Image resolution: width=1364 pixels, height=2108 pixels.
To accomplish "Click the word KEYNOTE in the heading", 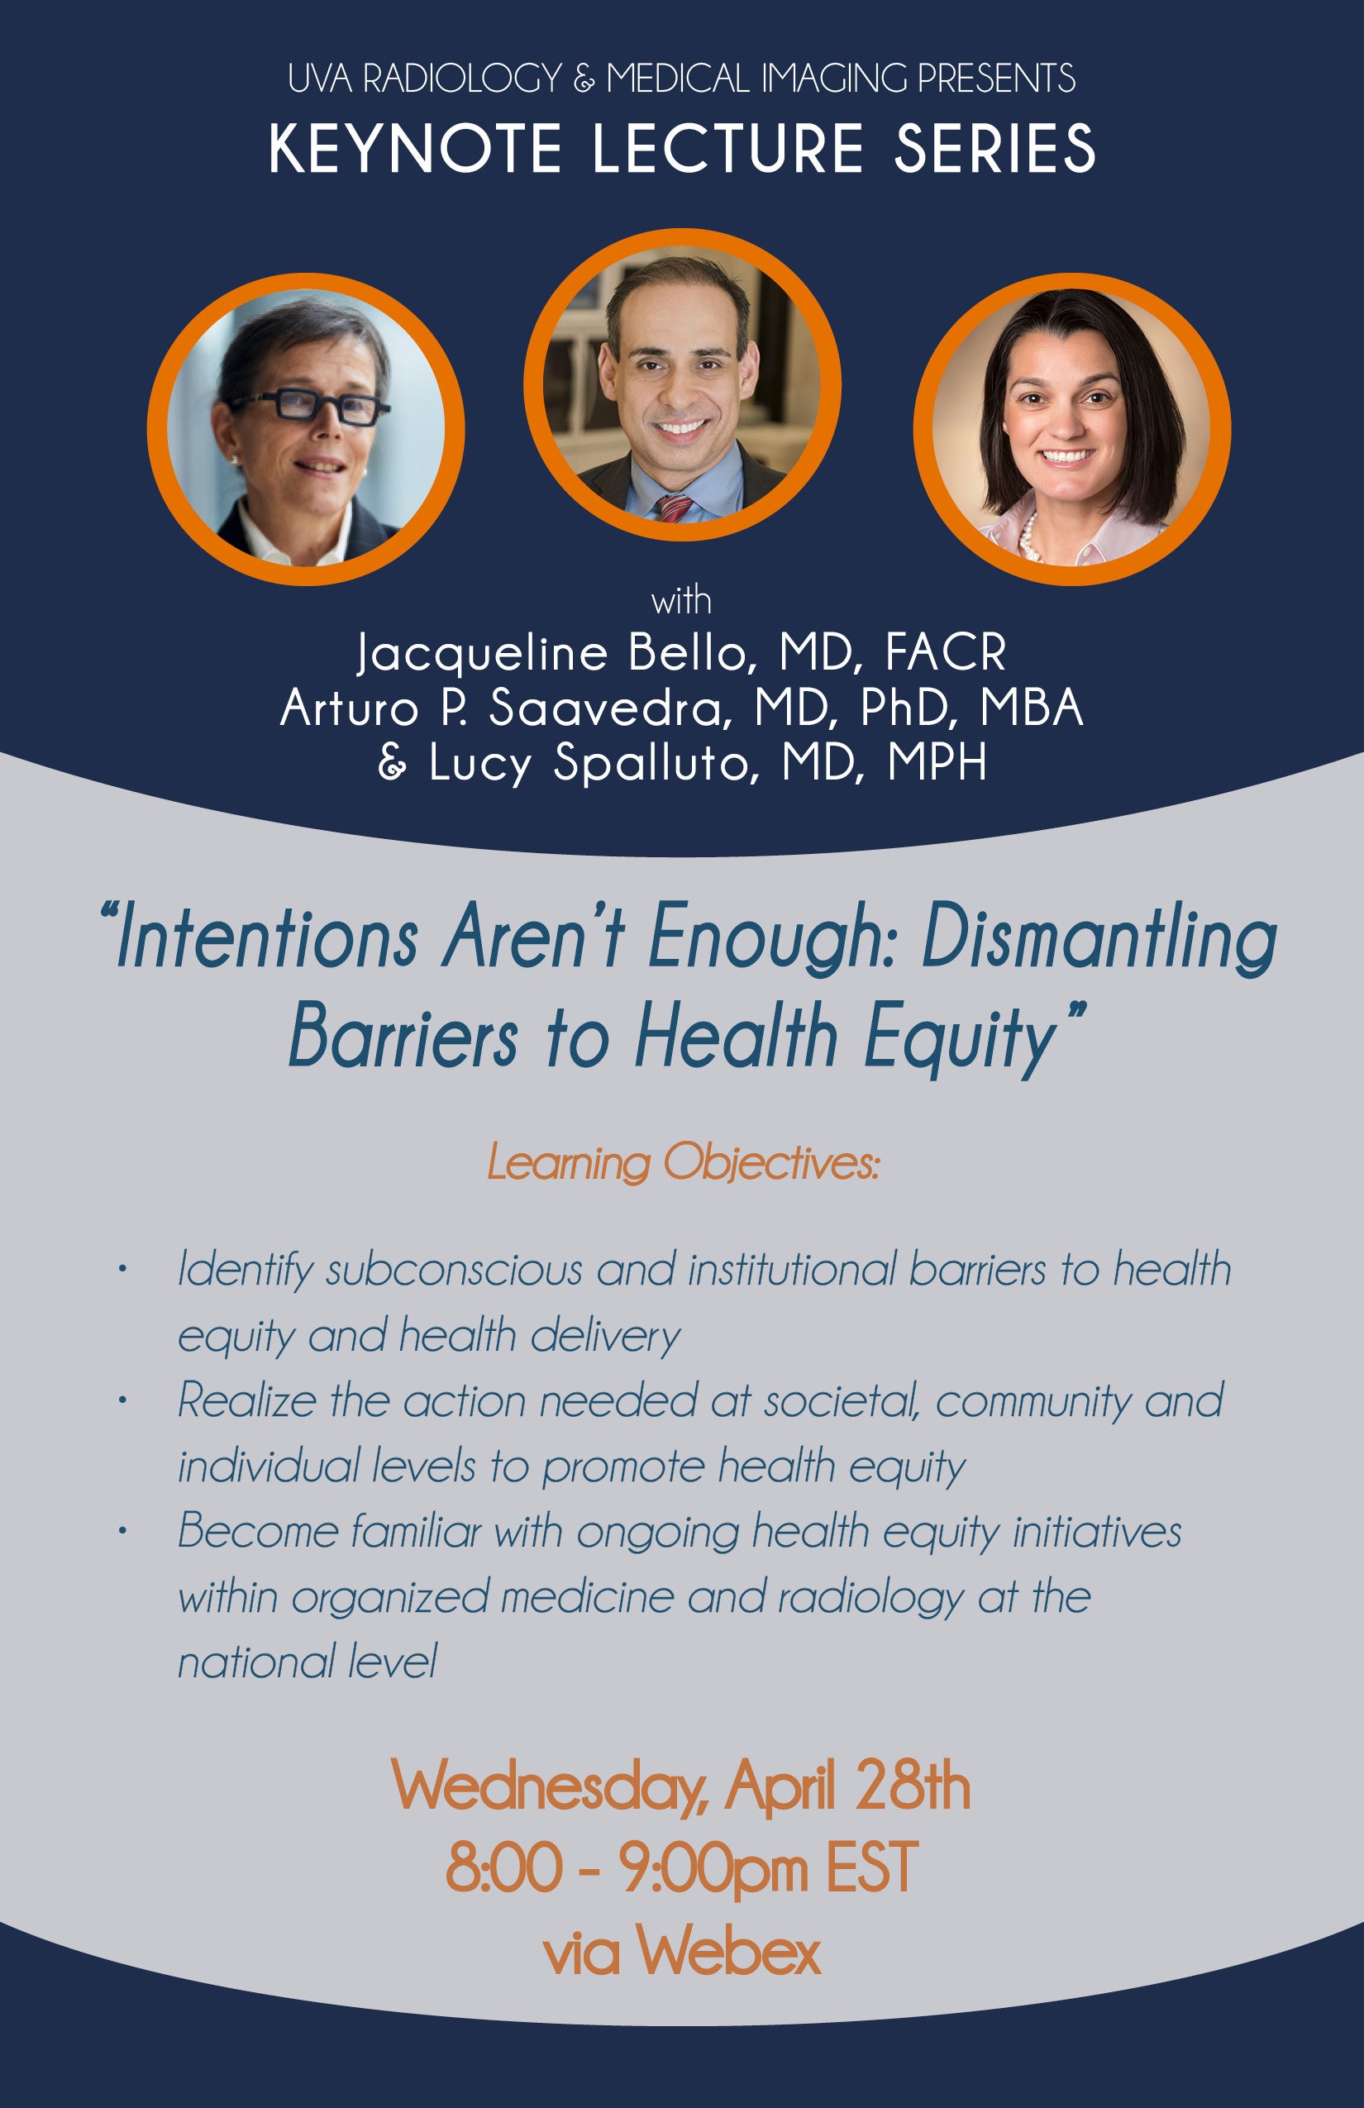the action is pos(415,149).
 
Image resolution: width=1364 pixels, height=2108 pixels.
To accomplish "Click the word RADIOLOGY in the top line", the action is pos(462,79).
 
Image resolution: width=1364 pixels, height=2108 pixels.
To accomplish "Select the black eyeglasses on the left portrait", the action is pos(307,408).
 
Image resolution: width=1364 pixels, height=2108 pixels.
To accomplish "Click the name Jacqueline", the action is pos(482,656).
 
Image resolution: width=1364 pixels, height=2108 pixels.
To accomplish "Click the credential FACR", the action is pos(945,654).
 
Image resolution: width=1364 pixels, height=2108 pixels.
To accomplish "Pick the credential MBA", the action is pos(1031,708).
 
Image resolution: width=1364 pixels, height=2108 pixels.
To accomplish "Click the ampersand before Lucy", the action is pos(393,762).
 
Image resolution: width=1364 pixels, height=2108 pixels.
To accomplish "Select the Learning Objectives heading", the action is pos(683,1163).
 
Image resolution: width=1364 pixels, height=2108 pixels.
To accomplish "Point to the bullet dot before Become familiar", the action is pos(122,1531).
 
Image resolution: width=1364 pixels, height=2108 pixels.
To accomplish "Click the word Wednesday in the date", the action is pos(548,1787).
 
